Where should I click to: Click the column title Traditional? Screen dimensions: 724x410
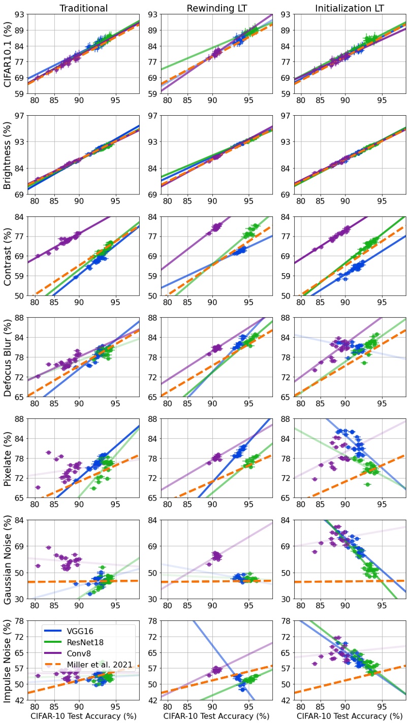pos(83,8)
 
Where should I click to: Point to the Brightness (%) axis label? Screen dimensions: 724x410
pos(9,155)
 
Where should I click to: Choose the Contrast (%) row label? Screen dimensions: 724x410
pos(9,256)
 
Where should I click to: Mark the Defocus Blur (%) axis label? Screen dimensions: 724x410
pos(9,357)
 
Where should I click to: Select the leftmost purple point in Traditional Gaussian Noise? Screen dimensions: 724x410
pos(38,566)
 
